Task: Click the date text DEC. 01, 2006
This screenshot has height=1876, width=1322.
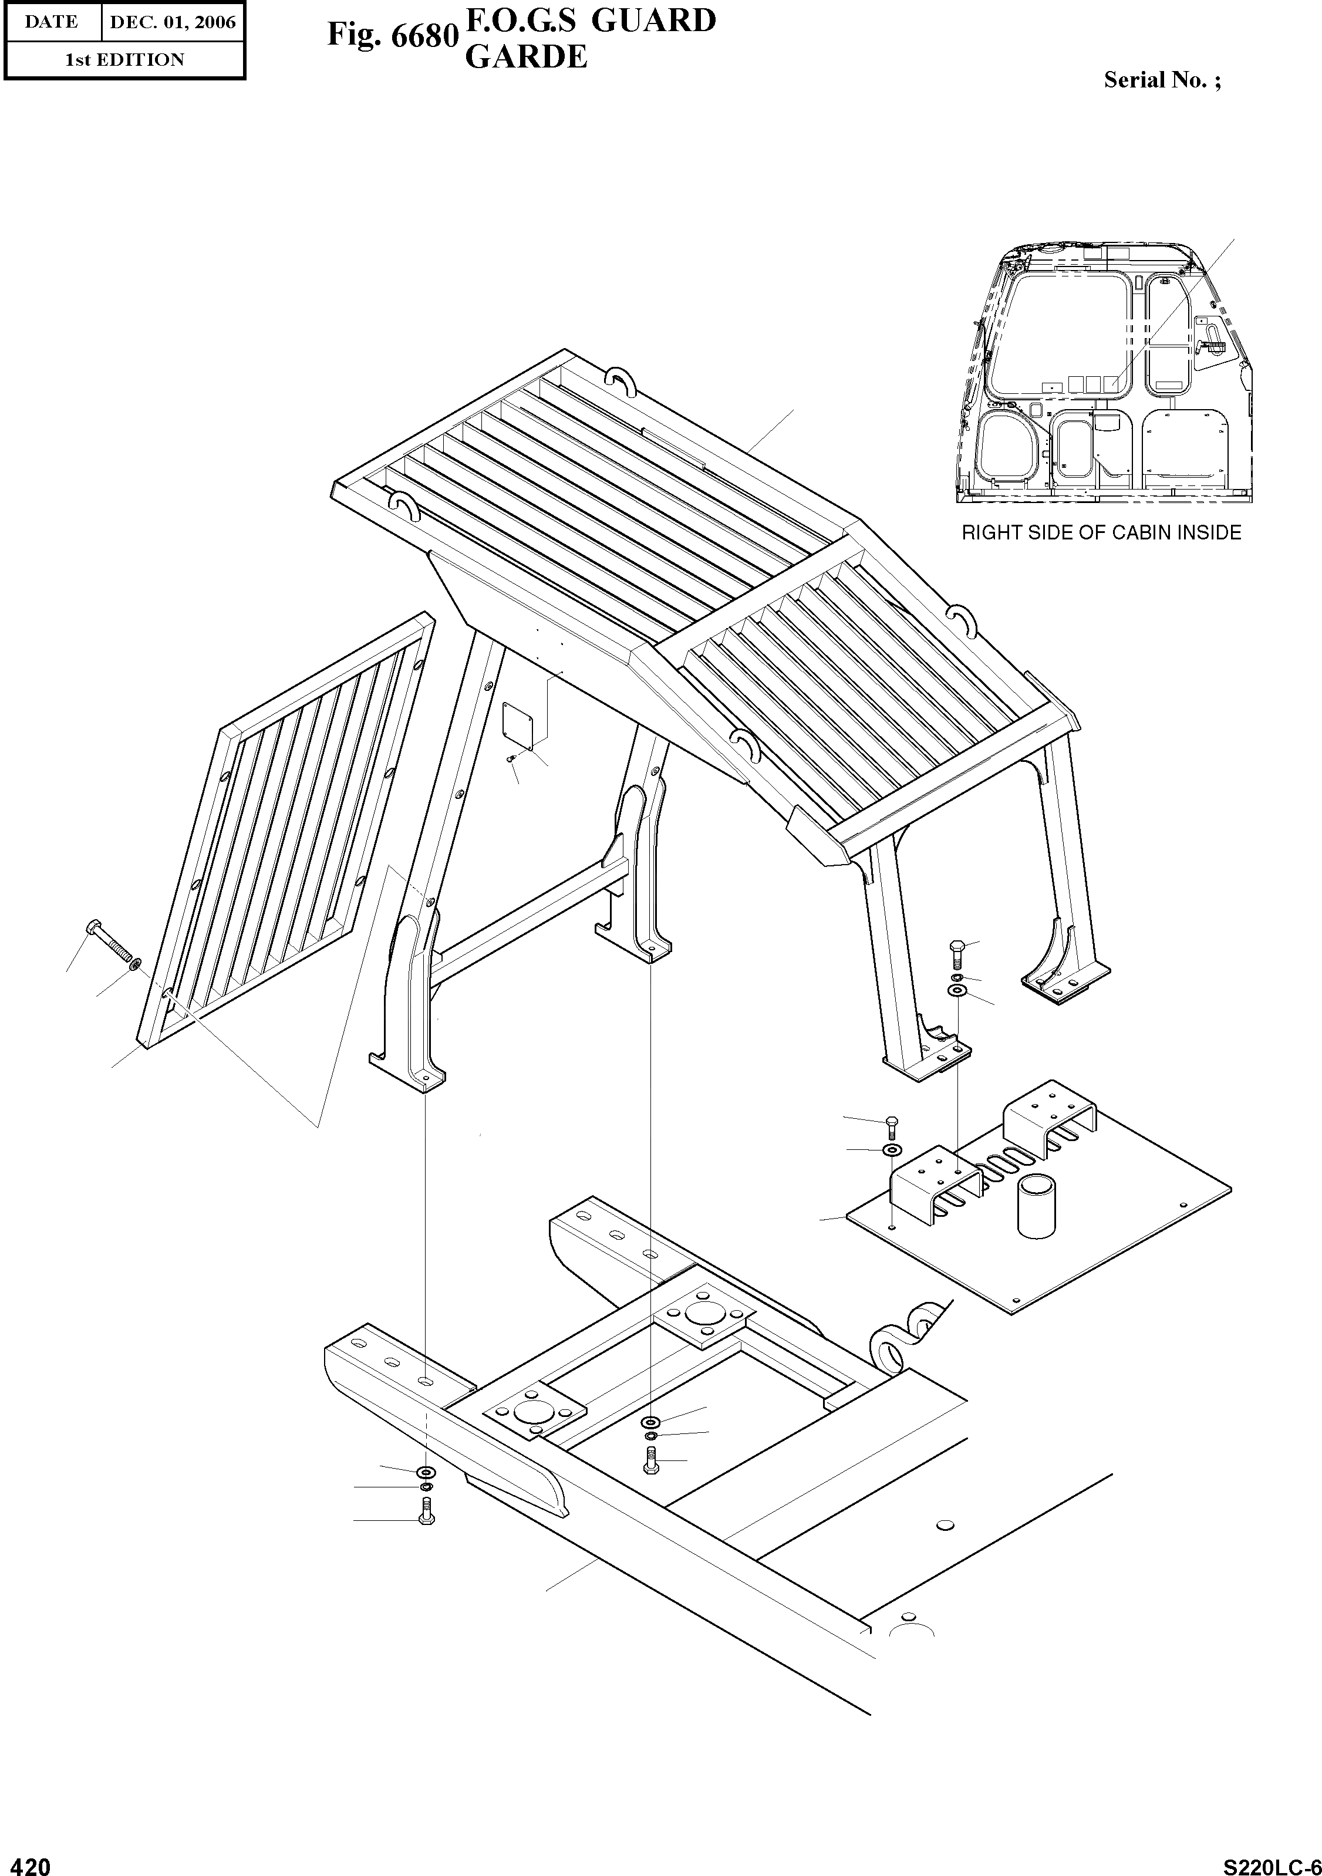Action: tap(173, 22)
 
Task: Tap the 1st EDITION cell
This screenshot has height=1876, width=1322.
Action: tap(124, 60)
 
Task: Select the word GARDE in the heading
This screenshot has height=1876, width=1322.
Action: tap(525, 56)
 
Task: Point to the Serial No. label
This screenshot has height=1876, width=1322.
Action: tap(1162, 80)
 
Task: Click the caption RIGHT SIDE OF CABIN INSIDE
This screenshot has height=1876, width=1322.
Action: tap(1101, 533)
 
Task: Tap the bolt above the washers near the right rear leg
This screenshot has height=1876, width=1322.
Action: tap(957, 953)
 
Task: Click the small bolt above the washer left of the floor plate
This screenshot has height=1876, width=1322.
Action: tap(891, 1128)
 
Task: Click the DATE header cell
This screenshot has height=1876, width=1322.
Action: tap(50, 22)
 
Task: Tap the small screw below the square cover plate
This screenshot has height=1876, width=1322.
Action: tap(511, 759)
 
